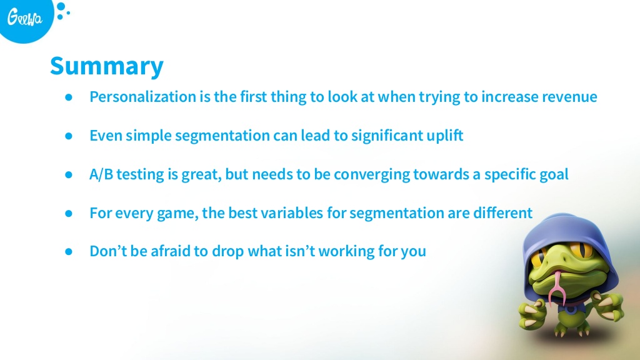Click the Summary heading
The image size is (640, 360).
[106, 66]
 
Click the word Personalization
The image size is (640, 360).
[143, 97]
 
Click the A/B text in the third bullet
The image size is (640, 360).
[101, 174]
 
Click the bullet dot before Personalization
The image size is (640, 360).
[69, 97]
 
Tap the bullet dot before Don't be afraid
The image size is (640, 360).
[69, 251]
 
